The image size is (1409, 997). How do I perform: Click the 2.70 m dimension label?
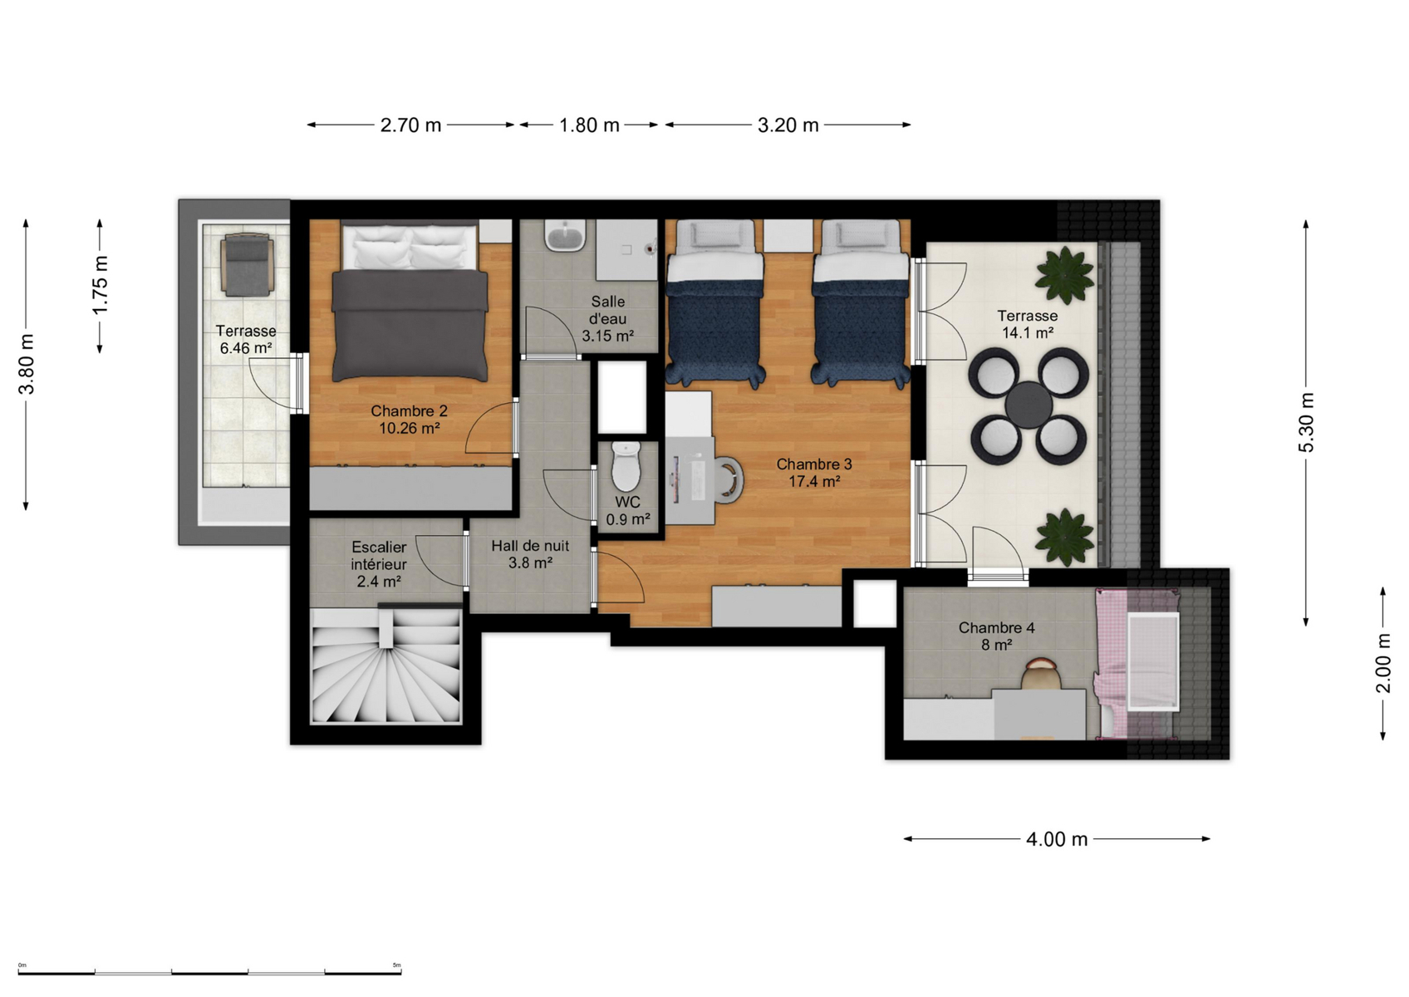click(410, 125)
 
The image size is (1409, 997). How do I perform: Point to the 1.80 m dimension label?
click(589, 125)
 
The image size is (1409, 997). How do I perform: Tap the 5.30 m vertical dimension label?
click(1306, 422)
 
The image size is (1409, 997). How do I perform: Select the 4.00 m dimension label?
click(1057, 839)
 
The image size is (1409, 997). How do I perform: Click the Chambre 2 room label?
click(409, 420)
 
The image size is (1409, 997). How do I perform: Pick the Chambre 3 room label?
click(814, 473)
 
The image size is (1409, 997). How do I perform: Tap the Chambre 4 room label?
click(996, 636)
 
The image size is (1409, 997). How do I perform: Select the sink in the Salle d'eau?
click(566, 236)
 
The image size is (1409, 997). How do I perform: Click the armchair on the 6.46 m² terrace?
click(248, 264)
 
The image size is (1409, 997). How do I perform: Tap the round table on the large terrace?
click(1029, 405)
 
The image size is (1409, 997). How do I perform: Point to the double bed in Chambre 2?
click(410, 301)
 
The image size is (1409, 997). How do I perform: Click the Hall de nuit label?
click(530, 554)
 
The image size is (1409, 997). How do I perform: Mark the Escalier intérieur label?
click(379, 564)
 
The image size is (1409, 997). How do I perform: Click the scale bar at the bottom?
click(209, 972)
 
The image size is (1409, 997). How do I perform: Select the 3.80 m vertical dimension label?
click(26, 364)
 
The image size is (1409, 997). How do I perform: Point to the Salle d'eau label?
click(607, 319)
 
